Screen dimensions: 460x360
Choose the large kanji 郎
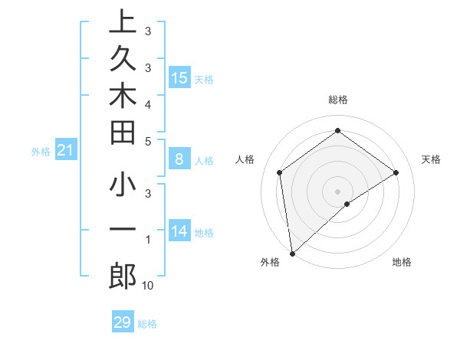pyautogui.click(x=123, y=276)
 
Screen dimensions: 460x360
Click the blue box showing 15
pyautogui.click(x=179, y=78)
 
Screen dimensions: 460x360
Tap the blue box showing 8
pyautogui.click(x=179, y=159)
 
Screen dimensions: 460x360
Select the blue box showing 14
pyautogui.click(x=179, y=231)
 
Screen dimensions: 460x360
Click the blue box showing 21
pyautogui.click(x=66, y=151)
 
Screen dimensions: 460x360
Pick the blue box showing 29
pyautogui.click(x=122, y=322)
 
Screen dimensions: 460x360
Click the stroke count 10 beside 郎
pyautogui.click(x=147, y=286)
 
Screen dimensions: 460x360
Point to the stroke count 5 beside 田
pyautogui.click(x=147, y=141)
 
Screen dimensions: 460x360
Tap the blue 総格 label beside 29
pyautogui.click(x=147, y=324)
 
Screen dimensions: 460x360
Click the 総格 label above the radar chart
pyautogui.click(x=337, y=100)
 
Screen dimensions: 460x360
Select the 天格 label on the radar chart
pyautogui.click(x=431, y=159)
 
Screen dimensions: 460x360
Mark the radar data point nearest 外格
pyautogui.click(x=292, y=253)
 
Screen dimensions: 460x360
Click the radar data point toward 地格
pyautogui.click(x=347, y=204)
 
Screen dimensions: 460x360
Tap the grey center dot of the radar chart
pyautogui.click(x=337, y=190)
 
